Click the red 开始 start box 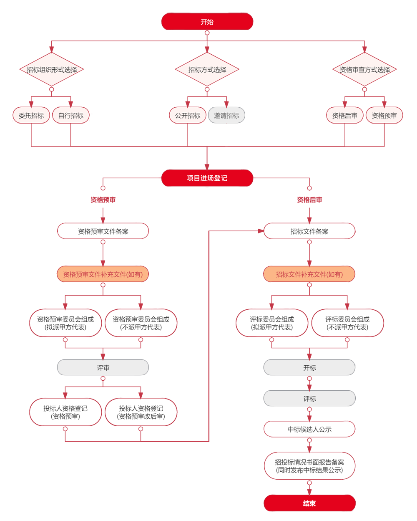207,22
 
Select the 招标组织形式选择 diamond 52,70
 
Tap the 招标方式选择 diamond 207,70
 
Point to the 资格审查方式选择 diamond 364,70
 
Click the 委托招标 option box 31,116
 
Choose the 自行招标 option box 71,116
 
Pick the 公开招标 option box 188,116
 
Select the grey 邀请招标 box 226,116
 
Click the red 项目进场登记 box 207,178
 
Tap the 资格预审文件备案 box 103,231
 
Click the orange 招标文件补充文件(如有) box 309,274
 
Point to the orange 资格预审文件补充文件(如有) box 103,274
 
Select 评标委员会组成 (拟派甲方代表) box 272,323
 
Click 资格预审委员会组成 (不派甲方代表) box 141,323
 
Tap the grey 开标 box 309,368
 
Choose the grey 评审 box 103,368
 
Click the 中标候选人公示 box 309,429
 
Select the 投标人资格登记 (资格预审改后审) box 141,412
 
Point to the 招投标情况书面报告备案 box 309,466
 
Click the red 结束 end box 309,503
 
